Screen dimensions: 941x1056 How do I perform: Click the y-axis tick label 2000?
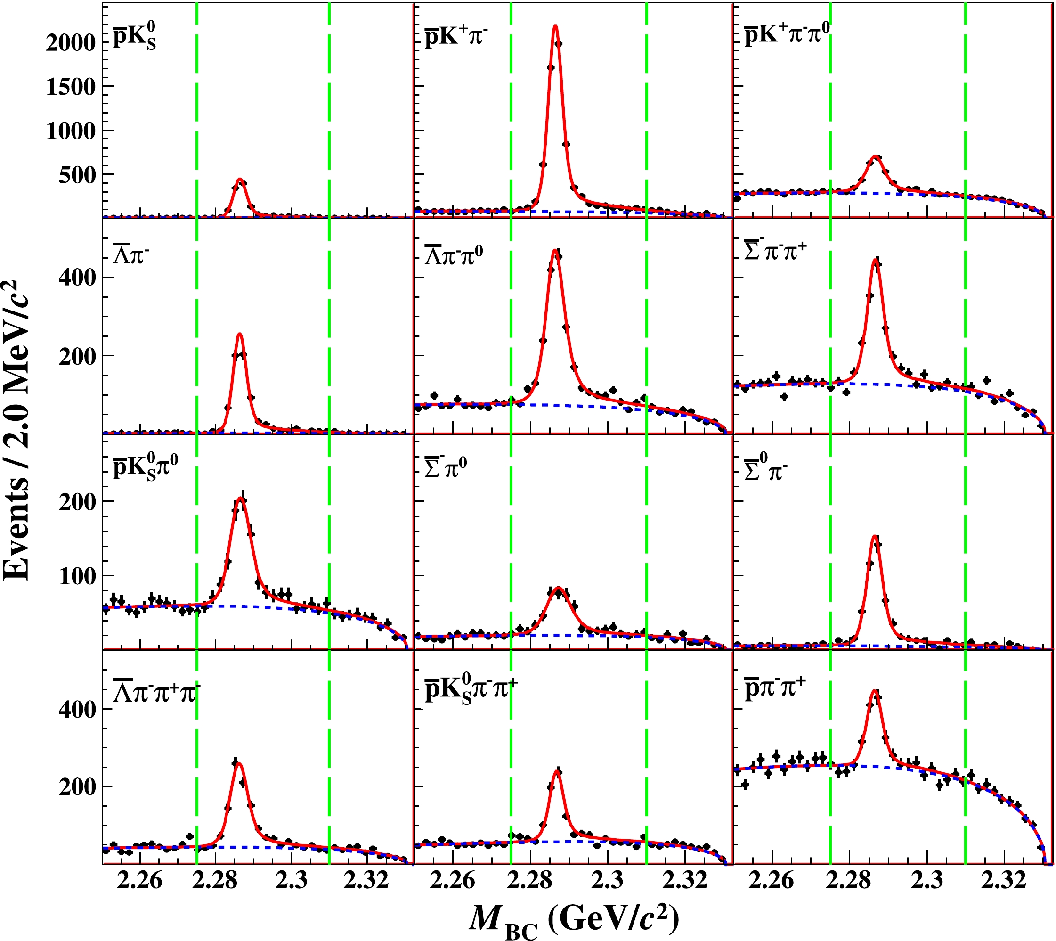[x=71, y=42]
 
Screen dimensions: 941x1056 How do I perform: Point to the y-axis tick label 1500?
[x=71, y=87]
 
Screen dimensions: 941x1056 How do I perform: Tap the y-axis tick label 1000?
[x=71, y=131]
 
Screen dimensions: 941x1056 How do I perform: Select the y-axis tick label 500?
[x=77, y=176]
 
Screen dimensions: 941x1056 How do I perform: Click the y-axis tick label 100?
[x=77, y=575]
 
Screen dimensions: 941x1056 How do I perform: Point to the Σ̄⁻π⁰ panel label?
[x=445, y=469]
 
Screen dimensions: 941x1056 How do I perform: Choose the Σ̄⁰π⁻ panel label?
[x=765, y=469]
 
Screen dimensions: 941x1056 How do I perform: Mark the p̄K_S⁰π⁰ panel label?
[x=145, y=466]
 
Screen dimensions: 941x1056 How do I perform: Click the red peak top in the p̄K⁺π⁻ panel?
[x=555, y=25]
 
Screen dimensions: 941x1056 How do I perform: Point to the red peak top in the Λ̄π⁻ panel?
[x=239, y=334]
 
